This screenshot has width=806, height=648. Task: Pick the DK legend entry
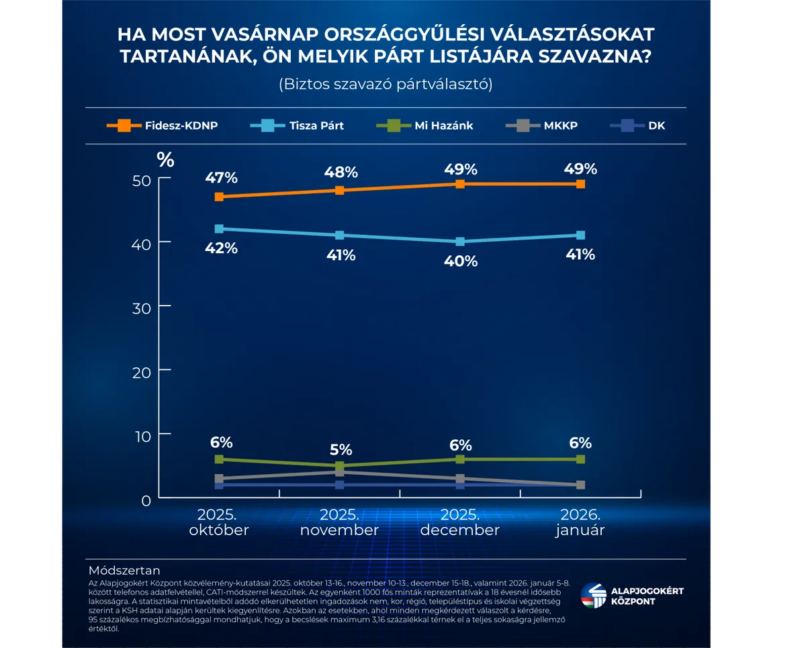[x=637, y=125]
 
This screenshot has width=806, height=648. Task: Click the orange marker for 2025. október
[x=219, y=197]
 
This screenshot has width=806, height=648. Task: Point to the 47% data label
[x=222, y=178]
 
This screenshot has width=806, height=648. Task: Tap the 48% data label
[x=341, y=172]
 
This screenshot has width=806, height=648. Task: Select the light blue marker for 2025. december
[x=460, y=242]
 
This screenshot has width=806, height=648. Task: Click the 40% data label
[x=461, y=261]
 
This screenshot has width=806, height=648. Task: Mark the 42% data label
[x=222, y=248]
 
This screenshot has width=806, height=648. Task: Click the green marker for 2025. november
[x=340, y=465]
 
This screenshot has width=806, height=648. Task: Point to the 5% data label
[x=341, y=450]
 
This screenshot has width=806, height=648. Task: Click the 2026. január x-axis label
[x=580, y=522]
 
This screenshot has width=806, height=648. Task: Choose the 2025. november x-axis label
[x=340, y=522]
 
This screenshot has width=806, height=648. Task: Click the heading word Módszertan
[x=124, y=571]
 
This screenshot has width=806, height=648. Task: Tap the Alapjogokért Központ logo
[x=632, y=596]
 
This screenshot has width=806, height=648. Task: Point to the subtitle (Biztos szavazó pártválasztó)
[x=386, y=85]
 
